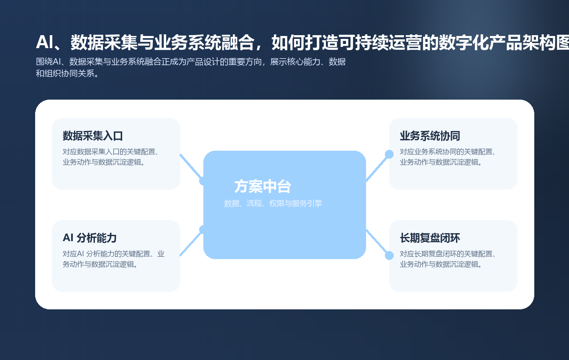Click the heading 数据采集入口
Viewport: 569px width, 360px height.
click(92, 136)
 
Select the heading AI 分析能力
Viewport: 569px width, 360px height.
click(90, 238)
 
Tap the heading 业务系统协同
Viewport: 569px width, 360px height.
click(430, 136)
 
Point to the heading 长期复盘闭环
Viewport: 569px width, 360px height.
click(430, 238)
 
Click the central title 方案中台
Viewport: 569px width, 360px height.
click(262, 187)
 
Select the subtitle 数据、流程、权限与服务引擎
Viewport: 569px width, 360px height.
click(273, 204)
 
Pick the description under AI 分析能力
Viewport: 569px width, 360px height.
click(113, 259)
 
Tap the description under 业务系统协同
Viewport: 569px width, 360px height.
click(447, 157)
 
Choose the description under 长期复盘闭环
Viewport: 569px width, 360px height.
click(447, 259)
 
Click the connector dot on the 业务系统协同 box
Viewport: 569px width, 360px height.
click(389, 154)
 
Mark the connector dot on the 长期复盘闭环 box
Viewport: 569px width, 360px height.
click(389, 255)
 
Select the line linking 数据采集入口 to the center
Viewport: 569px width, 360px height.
click(191, 167)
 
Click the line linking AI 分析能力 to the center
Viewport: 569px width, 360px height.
click(191, 243)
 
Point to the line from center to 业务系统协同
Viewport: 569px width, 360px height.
click(377, 168)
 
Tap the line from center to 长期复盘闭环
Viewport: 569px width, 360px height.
click(377, 242)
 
